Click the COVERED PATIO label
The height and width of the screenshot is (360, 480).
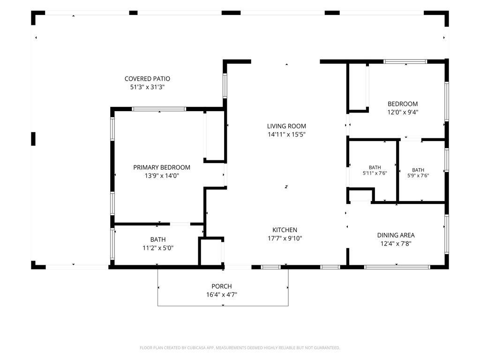click(147, 79)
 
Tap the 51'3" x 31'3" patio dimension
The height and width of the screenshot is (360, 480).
click(147, 87)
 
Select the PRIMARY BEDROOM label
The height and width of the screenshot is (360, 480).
click(162, 167)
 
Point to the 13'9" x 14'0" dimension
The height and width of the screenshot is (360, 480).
click(162, 176)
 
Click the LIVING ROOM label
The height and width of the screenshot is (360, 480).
click(286, 126)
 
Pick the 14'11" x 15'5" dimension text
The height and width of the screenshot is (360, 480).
click(286, 135)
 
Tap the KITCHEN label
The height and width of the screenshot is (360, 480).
click(285, 230)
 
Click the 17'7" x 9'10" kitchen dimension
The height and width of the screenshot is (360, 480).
click(285, 238)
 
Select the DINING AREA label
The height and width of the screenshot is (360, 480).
click(396, 235)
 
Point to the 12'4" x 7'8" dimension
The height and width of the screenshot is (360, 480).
click(396, 244)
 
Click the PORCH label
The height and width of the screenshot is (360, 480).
click(222, 286)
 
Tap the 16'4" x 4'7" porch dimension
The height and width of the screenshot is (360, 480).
click(222, 295)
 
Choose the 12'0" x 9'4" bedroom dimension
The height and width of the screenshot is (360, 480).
click(403, 112)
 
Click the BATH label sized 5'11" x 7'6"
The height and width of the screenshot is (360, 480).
click(375, 167)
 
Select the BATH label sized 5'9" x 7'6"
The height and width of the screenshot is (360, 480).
click(418, 170)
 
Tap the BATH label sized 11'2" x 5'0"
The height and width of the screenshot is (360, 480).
click(158, 240)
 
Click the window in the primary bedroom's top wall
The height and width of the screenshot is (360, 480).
click(159, 109)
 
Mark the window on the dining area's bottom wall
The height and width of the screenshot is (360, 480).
click(397, 267)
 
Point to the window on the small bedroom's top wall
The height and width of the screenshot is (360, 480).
click(405, 61)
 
